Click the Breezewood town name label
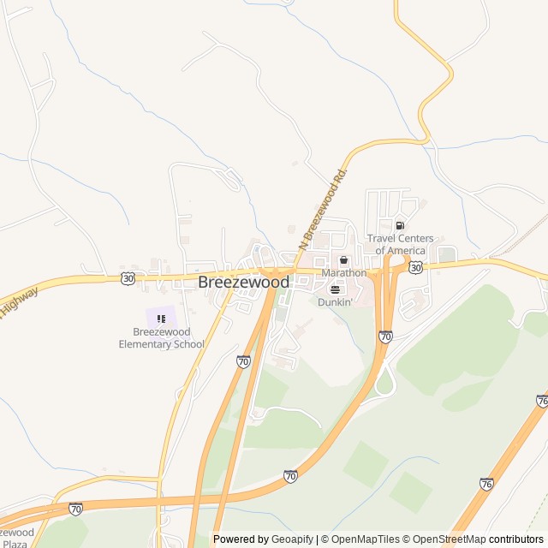coord(243,282)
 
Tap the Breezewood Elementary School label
coord(161,338)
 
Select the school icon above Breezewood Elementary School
coord(161,319)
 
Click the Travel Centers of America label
coord(400,244)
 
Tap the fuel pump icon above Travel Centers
coord(400,226)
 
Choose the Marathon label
coord(343,273)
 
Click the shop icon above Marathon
coord(343,260)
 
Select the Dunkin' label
coord(335,302)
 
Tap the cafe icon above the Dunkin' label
coord(335,289)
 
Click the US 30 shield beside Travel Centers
coord(415,268)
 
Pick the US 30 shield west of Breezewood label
coord(128,277)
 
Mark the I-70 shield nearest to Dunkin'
coord(385,337)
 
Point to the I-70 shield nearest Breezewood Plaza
coord(75,509)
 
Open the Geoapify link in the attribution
coord(294,539)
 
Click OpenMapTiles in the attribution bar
coord(366,539)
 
